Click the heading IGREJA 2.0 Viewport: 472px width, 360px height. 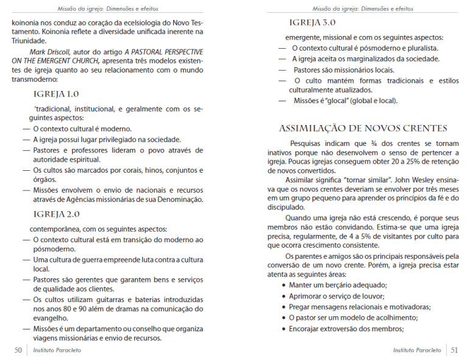[56, 214]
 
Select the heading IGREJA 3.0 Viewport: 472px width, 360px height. [312, 22]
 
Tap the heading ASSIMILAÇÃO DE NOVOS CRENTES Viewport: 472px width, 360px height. [363, 128]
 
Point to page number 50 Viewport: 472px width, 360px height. [18, 350]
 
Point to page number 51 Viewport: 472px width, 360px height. [454, 350]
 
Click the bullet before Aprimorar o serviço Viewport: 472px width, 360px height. [284, 296]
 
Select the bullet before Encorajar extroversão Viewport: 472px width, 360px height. [284, 329]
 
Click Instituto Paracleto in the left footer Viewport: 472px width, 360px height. [57, 350]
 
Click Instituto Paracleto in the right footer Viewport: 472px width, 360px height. [417, 350]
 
